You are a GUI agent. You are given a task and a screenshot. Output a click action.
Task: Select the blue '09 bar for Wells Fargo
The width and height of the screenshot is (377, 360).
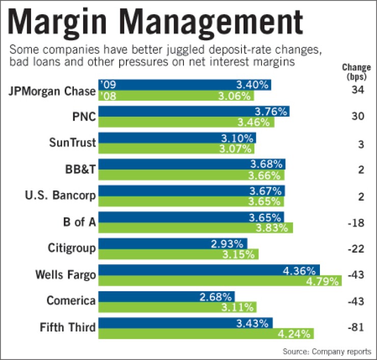pyautogui.click(x=209, y=270)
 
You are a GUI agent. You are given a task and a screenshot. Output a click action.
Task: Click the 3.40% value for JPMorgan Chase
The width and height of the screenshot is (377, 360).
pyautogui.click(x=249, y=85)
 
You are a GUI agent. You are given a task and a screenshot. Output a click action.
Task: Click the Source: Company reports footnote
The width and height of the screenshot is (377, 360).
pyautogui.click(x=326, y=351)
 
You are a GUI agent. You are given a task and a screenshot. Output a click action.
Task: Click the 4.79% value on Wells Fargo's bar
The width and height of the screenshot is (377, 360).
pyautogui.click(x=324, y=281)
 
